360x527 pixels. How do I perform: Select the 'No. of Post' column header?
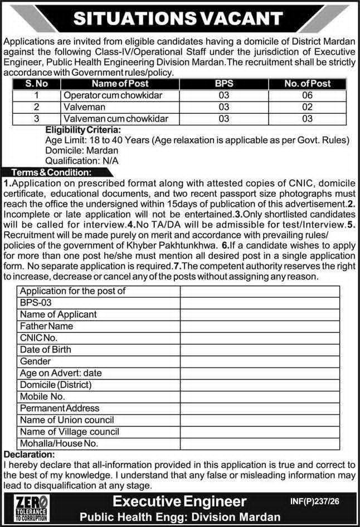(307, 84)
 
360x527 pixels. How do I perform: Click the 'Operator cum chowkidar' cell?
(113, 95)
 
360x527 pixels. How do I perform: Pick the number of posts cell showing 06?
(307, 95)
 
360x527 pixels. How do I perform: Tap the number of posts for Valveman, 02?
(307, 107)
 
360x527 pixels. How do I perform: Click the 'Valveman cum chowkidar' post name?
(115, 118)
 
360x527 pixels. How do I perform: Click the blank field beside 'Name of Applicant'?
(260, 314)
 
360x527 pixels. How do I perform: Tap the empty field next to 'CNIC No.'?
(260, 337)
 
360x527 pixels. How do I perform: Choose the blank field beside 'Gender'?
(260, 361)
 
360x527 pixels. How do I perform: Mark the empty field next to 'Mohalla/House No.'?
(260, 444)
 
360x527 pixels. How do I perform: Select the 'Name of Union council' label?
(59, 420)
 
